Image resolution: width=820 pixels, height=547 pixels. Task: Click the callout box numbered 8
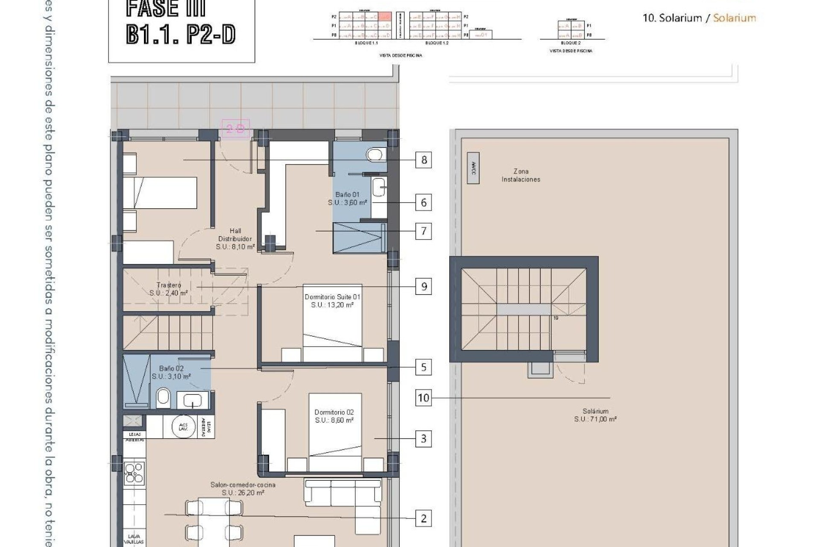pyautogui.click(x=423, y=160)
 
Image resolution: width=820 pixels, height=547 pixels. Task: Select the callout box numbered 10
pyautogui.click(x=423, y=398)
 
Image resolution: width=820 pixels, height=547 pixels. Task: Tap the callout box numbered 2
pyautogui.click(x=423, y=518)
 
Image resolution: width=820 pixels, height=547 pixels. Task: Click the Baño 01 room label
pyautogui.click(x=347, y=198)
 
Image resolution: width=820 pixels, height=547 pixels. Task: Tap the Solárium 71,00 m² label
pyautogui.click(x=595, y=415)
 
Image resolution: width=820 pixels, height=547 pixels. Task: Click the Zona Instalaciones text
pyautogui.click(x=521, y=175)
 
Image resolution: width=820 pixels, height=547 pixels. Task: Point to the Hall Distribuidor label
pyautogui.click(x=235, y=238)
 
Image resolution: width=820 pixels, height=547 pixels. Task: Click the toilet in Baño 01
pyautogui.click(x=375, y=154)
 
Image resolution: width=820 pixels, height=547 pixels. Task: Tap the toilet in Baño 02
pyautogui.click(x=163, y=398)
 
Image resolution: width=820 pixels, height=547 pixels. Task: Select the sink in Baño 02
pyautogui.click(x=192, y=400)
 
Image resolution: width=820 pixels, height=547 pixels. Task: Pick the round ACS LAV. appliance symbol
pyautogui.click(x=184, y=426)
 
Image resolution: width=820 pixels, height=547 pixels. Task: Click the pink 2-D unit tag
pyautogui.click(x=235, y=129)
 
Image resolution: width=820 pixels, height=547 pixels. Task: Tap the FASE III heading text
pyautogui.click(x=166, y=9)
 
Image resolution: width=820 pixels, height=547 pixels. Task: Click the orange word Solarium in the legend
pyautogui.click(x=734, y=18)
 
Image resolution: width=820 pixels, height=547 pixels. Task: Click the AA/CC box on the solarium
pyautogui.click(x=473, y=168)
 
